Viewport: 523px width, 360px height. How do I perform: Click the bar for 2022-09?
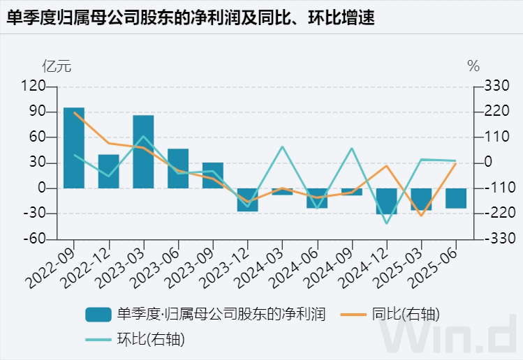(74, 148)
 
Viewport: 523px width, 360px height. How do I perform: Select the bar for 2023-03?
(143, 151)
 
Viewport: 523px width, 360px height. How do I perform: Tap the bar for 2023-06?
(178, 168)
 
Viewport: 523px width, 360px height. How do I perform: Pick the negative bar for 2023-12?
(247, 200)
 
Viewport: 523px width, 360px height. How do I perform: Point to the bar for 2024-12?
(386, 201)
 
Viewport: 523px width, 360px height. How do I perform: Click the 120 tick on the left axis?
(34, 86)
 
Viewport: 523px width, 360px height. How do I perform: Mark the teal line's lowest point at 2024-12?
(386, 223)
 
